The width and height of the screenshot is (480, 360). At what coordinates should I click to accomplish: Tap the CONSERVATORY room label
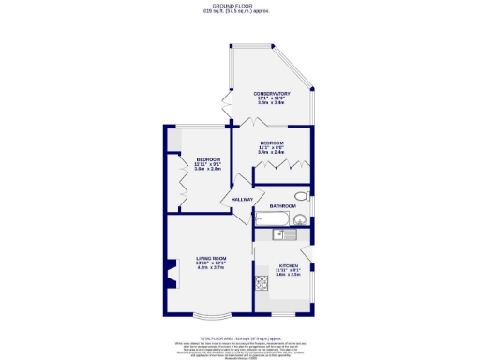272,94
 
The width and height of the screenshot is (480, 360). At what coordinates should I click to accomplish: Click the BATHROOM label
282,205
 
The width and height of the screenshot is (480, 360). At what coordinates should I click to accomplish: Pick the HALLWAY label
234,200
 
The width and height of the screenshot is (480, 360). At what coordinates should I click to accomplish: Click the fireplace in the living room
172,273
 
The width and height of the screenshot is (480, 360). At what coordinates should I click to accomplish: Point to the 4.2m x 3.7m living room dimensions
212,269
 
